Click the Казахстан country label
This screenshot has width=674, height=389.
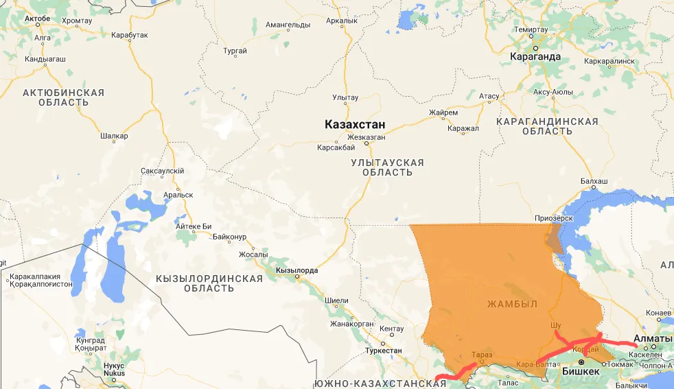pos(355,124)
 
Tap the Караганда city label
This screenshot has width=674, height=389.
pos(535,57)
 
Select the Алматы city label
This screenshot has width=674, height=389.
pos(653,339)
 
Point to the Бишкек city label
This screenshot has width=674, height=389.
pos(581,371)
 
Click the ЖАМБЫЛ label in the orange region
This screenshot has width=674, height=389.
pos(512,304)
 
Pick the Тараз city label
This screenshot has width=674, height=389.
pos(482,355)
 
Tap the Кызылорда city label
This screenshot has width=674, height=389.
pos(297,270)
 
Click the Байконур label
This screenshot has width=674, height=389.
pos(229,237)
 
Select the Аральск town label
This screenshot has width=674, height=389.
pos(178,195)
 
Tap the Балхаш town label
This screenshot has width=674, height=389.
pos(594,182)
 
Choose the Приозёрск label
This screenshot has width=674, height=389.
pos(553,218)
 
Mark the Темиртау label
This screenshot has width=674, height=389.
pos(531,30)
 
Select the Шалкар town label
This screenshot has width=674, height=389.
pos(114,136)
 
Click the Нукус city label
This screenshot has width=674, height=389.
pos(113,366)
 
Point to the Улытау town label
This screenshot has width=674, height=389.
pos(345,97)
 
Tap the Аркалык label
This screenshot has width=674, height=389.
pos(342,21)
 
